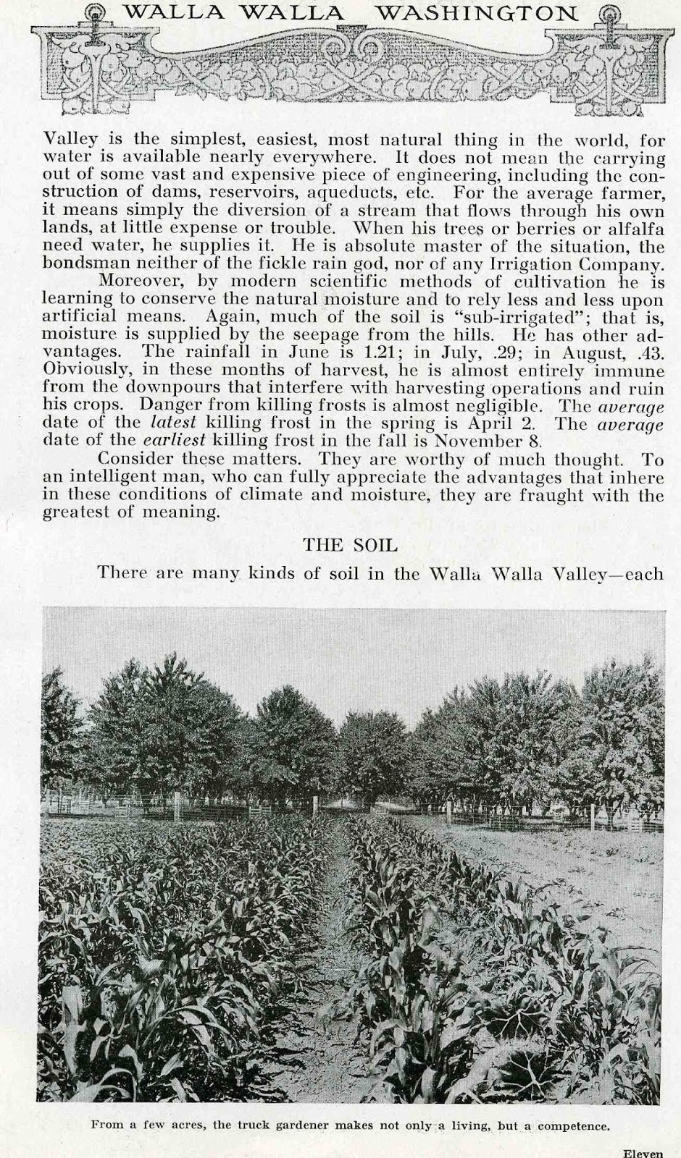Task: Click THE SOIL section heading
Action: [x=350, y=544]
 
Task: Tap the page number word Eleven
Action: [x=643, y=1153]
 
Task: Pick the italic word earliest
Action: [x=172, y=440]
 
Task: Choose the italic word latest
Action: [x=173, y=423]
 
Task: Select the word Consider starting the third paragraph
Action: [x=133, y=459]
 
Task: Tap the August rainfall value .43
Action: [x=650, y=352]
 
